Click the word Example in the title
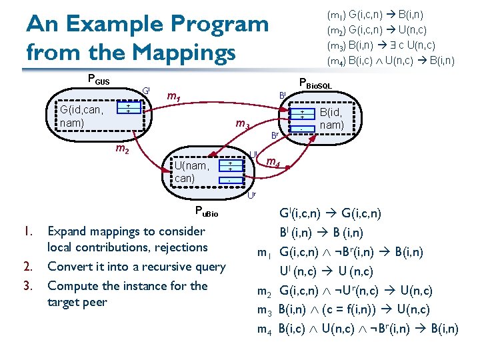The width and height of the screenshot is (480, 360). click(124, 25)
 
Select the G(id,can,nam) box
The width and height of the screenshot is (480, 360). click(81, 117)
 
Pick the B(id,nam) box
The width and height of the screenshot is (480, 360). click(331, 118)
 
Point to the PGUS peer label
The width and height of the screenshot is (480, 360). click(98, 80)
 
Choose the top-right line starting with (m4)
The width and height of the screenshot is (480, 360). click(390, 61)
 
